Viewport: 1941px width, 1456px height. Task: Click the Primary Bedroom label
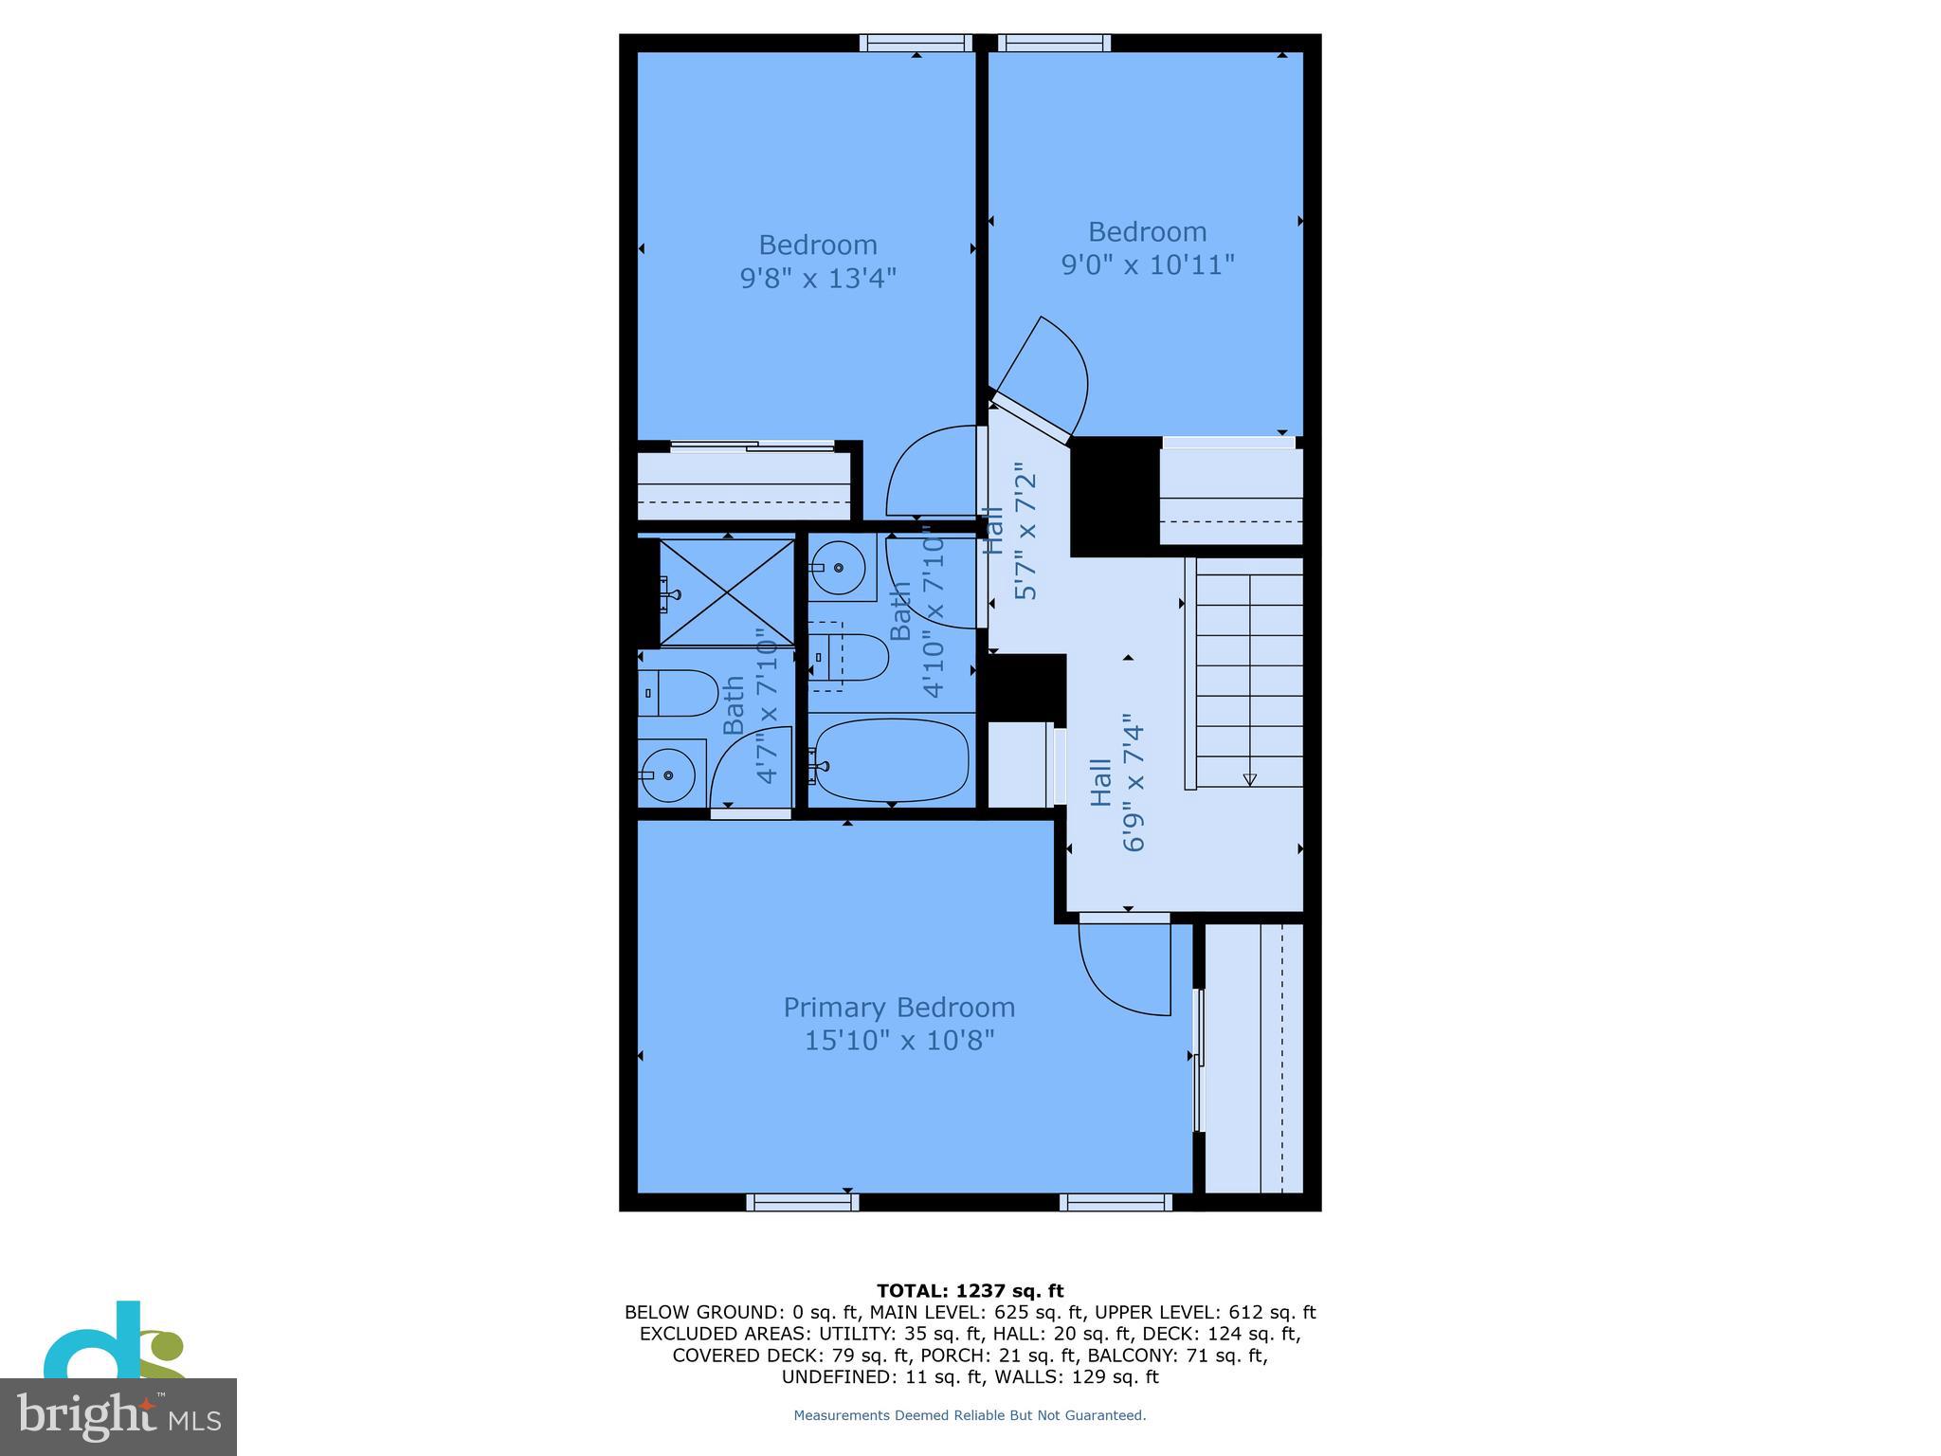point(898,1007)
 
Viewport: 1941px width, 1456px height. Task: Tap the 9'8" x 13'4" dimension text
point(817,278)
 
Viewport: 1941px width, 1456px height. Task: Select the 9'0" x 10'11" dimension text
point(1147,264)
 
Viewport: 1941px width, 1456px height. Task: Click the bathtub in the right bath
point(892,760)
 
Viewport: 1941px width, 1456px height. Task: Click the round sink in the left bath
point(668,774)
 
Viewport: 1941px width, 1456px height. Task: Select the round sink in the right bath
point(839,568)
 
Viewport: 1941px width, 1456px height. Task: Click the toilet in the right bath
point(850,657)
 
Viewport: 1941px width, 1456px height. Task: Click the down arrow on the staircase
point(1249,778)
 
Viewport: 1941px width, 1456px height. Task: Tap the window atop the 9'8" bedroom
point(916,43)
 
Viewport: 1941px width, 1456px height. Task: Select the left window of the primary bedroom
point(802,1202)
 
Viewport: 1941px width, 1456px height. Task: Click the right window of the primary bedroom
point(1116,1202)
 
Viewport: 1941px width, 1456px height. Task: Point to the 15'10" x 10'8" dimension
point(898,1041)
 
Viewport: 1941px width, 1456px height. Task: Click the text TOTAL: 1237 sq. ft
point(970,1290)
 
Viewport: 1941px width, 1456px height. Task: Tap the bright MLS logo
point(118,1416)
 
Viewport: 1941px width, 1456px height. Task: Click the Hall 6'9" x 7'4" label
point(1118,787)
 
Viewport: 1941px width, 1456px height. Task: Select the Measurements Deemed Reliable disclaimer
point(970,1415)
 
